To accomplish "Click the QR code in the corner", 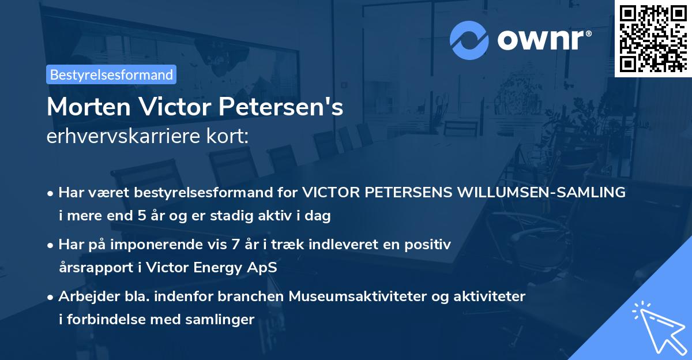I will click(653, 39).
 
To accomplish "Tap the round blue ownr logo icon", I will click(469, 40).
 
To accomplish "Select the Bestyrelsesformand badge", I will click(111, 74).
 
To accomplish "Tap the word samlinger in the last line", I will click(225, 320).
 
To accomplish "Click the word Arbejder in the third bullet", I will click(82, 297).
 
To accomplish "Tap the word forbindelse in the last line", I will click(99, 320).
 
